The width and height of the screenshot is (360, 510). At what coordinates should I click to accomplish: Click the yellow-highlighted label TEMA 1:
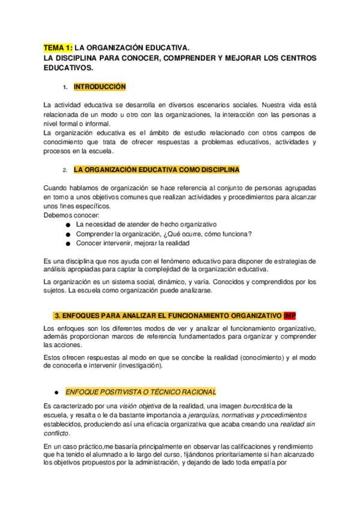tap(58, 47)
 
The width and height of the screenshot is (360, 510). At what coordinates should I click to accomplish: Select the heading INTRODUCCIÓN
tap(100, 87)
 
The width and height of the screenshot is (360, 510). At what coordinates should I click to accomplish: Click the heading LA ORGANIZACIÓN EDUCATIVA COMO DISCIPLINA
tap(156, 170)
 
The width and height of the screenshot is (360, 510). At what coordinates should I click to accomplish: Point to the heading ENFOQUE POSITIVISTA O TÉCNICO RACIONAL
tap(141, 391)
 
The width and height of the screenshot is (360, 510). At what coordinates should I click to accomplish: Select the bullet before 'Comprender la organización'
tap(69, 234)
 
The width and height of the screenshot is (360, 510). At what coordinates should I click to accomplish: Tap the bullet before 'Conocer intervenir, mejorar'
tap(69, 244)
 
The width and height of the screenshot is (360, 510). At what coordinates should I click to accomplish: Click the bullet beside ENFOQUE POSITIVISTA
tap(55, 392)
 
